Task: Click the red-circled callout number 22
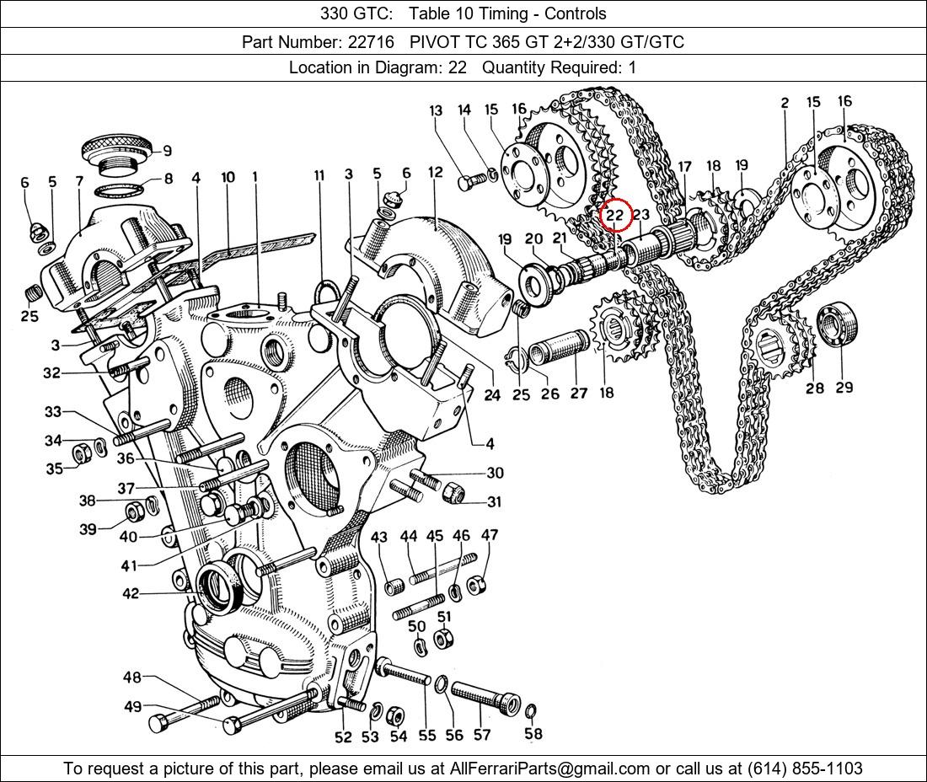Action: [x=615, y=215]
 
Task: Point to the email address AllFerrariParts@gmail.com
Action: [x=549, y=769]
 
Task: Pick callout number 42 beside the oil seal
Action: [x=130, y=594]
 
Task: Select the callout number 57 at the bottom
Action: [x=481, y=735]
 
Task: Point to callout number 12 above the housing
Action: [x=435, y=173]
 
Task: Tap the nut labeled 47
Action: [x=474, y=583]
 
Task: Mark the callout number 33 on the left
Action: [x=53, y=412]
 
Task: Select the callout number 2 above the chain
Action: [x=785, y=103]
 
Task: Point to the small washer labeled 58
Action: [x=530, y=712]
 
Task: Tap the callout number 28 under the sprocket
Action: [x=814, y=388]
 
